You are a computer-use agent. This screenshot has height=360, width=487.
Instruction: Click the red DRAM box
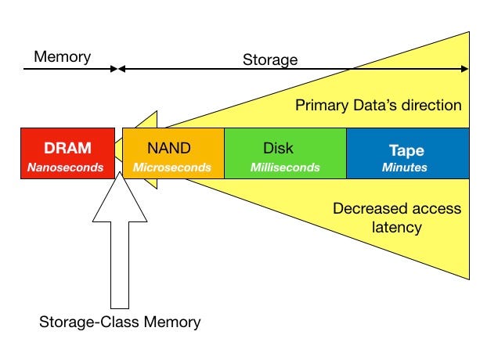coord(67,154)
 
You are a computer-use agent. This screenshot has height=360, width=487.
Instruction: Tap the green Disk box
coord(285,154)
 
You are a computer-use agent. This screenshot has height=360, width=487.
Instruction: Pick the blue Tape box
coord(407,154)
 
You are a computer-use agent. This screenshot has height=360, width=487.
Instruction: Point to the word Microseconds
coord(171,167)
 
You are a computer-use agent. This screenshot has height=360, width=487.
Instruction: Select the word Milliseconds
coord(285,167)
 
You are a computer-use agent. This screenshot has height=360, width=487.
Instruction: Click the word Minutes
coord(405,167)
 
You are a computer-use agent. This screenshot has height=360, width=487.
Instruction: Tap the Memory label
coord(63,56)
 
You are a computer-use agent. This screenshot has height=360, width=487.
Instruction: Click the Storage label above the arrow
coord(269,59)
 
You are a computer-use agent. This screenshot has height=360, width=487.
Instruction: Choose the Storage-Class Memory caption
coord(120,322)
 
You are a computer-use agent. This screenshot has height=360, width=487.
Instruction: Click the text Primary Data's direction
coord(378,105)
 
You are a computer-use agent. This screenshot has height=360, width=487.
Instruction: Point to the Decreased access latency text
coord(397,218)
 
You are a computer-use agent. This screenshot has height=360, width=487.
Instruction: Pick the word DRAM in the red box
coord(67,147)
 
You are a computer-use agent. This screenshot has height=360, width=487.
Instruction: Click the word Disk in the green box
coord(278,147)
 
